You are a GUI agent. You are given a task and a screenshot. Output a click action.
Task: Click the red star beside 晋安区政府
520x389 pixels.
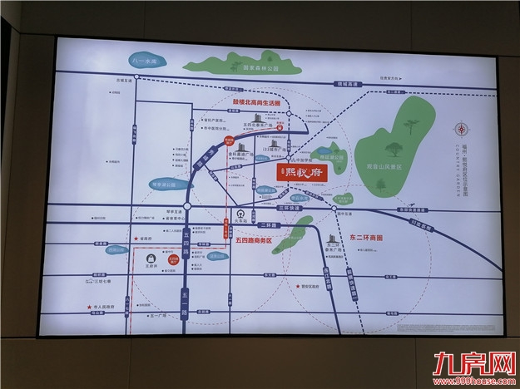[297, 287]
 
